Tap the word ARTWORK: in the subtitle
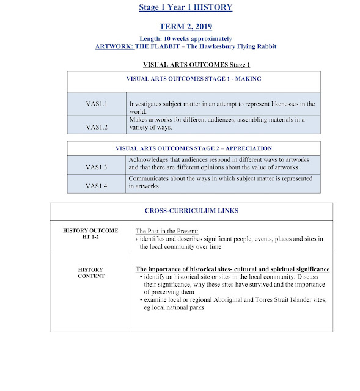tap(113, 46)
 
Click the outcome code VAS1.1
tap(96, 104)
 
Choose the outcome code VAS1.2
tap(96, 127)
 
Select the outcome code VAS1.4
tap(96, 186)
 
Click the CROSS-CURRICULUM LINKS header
tap(191, 211)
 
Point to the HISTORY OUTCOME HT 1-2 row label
tap(90, 235)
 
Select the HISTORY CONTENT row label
tap(90, 272)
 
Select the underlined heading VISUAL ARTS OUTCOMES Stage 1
tap(196, 64)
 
